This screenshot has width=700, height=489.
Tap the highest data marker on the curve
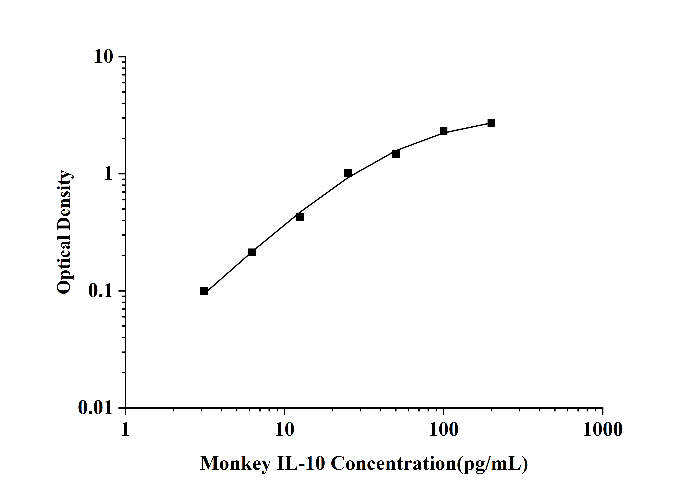(491, 123)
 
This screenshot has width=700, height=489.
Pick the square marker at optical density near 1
(348, 173)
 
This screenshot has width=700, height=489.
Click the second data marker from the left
(252, 252)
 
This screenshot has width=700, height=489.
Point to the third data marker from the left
(300, 217)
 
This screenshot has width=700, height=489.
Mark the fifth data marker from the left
(396, 154)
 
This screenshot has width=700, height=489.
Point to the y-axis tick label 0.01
(95, 408)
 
